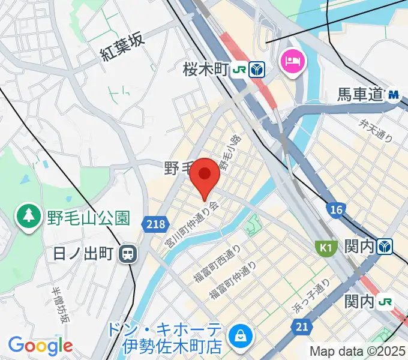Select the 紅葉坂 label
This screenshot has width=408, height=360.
[122, 48]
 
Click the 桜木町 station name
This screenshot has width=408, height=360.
[206, 70]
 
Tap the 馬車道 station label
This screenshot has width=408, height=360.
[359, 94]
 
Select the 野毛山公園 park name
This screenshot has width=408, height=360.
[88, 216]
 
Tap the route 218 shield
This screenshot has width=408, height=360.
[154, 224]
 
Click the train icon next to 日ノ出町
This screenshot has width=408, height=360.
[128, 254]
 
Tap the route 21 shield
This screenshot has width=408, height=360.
[302, 326]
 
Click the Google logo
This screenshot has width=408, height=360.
[40, 346]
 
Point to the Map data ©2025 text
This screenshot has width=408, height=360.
[358, 351]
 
